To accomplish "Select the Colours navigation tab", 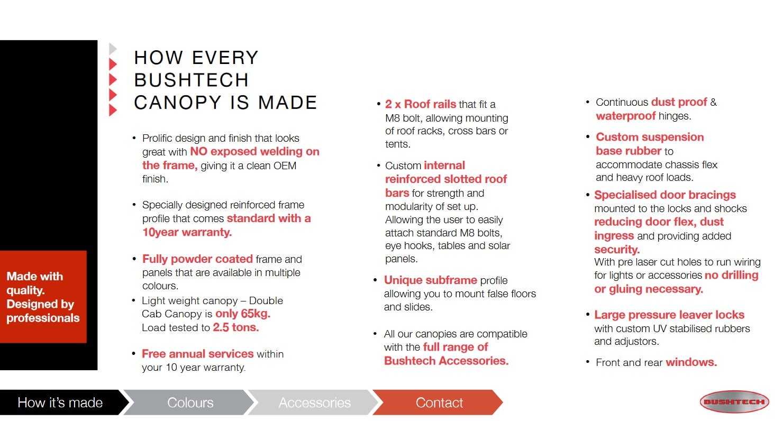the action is point(190,402).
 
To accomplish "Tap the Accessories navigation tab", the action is point(314,402).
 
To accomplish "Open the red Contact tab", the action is point(439,402).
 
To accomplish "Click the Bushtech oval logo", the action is point(734,402).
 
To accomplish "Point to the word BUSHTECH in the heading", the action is point(191,80).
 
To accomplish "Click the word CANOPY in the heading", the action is point(178,103).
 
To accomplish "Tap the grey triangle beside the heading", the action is point(113,49).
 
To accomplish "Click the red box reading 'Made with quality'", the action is point(43,297).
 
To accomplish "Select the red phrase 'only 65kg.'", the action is point(243,314).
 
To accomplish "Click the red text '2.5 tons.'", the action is point(236,327).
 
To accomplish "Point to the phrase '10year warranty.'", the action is point(187,232).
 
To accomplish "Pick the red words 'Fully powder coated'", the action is point(197,259).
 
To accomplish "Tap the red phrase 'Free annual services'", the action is point(197,354).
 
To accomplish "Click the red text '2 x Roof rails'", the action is point(421,104).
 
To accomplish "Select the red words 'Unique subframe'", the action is point(431,280).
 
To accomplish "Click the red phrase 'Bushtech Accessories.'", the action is point(447,361).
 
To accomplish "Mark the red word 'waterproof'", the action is point(626,116).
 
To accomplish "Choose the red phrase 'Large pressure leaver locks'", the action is point(669,315).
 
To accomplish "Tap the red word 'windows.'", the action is point(691,362).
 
